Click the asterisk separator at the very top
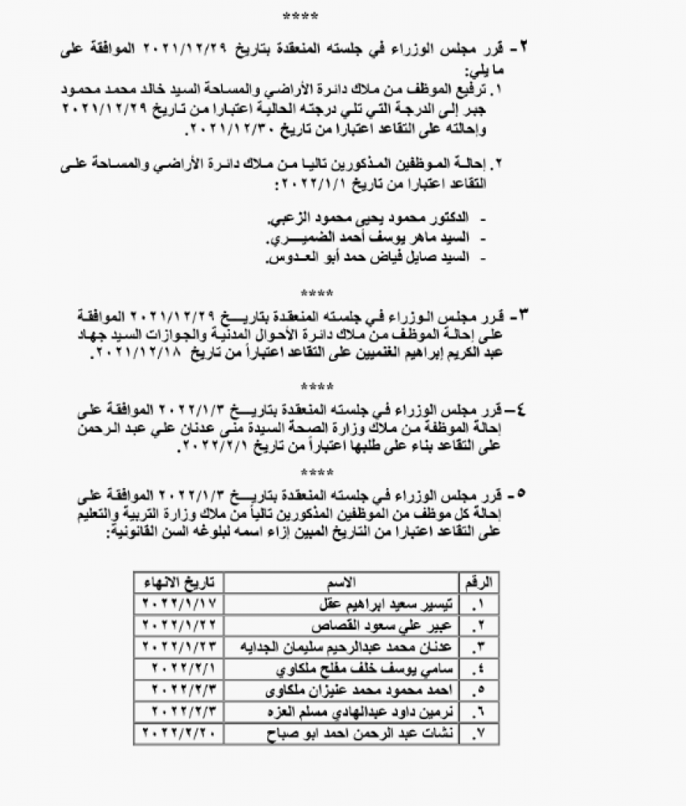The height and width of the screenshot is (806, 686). click(x=300, y=16)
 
